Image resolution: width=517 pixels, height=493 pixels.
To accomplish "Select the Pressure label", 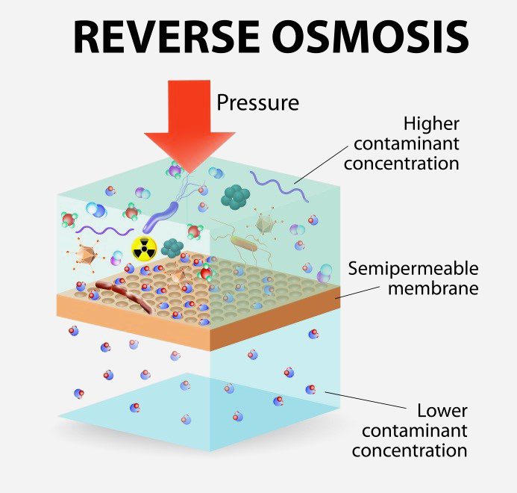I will click(257, 102).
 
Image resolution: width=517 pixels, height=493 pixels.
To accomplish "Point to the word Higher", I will click(431, 123).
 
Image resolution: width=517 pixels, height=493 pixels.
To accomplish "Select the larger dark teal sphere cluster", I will click(236, 196).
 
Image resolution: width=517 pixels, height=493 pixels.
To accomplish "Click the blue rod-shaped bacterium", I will click(157, 216).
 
